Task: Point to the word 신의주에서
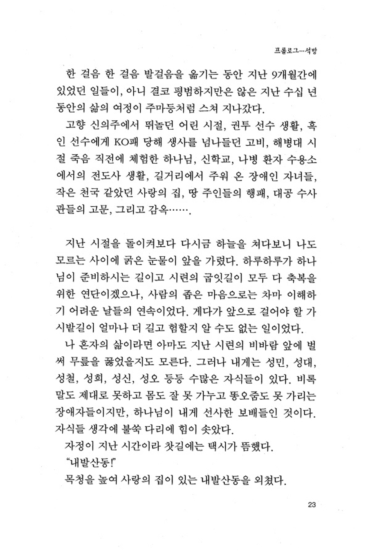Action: pyautogui.click(x=114, y=124)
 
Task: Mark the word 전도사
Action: pyautogui.click(x=105, y=176)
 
